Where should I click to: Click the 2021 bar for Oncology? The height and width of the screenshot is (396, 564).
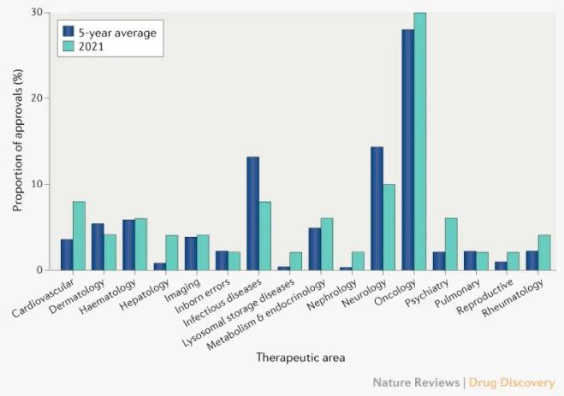[420, 142]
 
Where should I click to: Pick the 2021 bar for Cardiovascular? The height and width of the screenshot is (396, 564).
[80, 236]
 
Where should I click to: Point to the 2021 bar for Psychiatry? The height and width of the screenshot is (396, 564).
[451, 244]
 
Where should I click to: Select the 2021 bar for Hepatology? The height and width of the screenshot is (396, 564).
[172, 253]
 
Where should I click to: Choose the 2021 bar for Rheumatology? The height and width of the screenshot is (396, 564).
[544, 253]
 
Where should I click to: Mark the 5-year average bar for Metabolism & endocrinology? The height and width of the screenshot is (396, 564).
[315, 249]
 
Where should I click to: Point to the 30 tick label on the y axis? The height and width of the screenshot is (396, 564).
[35, 13]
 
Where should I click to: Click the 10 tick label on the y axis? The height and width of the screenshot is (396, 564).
[35, 184]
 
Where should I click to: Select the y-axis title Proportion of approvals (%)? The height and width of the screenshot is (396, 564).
[17, 141]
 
